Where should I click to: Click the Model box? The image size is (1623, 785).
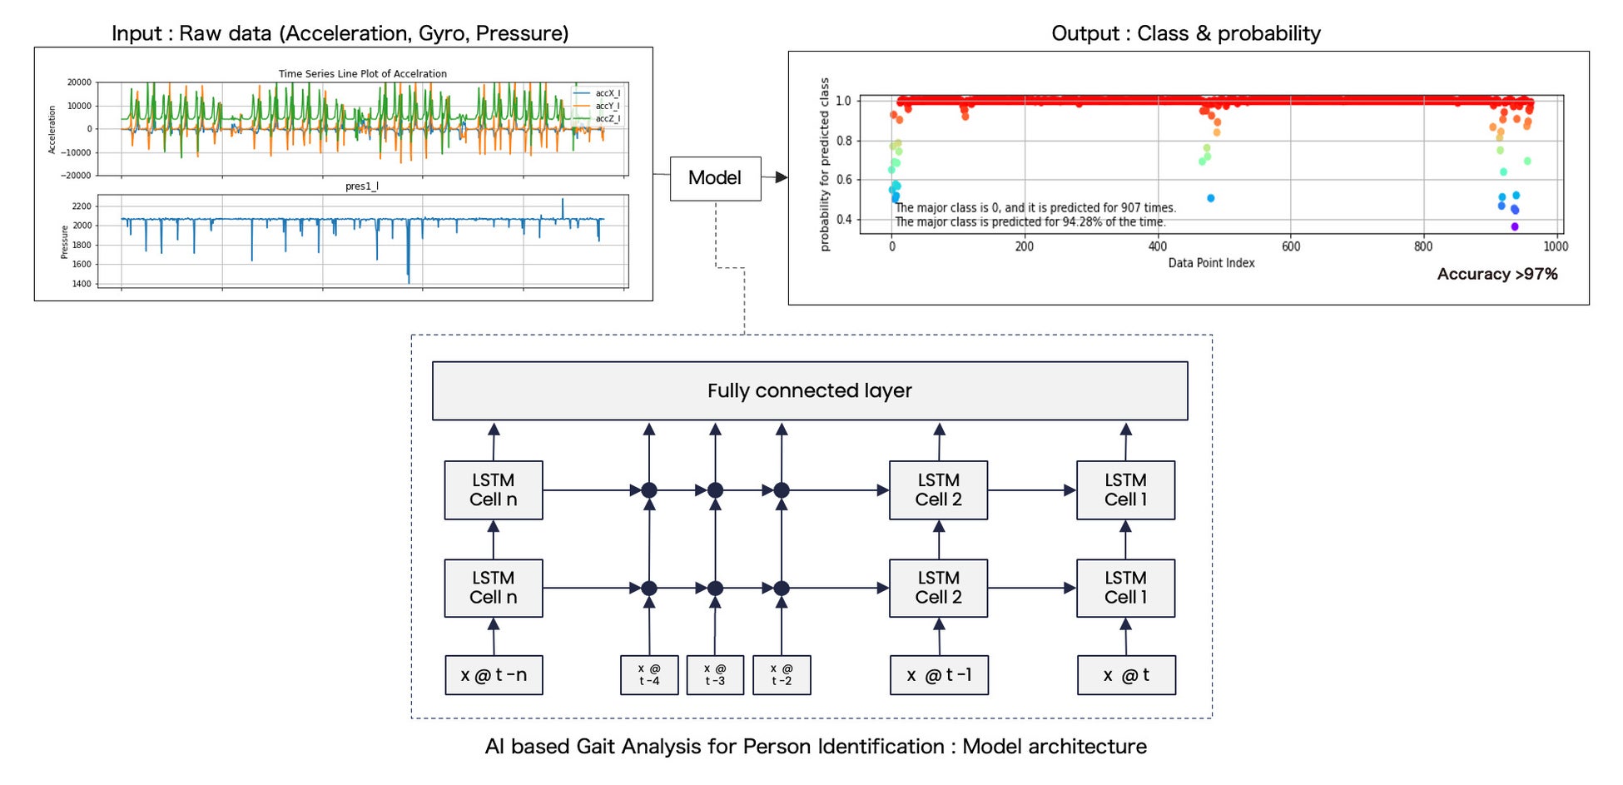715,178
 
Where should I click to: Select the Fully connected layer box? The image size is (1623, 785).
809,390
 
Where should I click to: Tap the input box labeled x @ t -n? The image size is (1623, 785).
494,675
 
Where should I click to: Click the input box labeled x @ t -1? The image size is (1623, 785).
939,675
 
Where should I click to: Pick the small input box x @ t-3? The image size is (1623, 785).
715,675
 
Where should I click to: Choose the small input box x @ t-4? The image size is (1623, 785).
649,675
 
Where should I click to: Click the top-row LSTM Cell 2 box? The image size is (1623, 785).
938,490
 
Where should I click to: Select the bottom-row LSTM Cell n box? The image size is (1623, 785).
494,588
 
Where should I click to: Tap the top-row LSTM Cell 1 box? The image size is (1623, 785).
1125,490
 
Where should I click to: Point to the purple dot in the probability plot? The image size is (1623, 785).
1515,226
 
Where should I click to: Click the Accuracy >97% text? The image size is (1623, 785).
1496,274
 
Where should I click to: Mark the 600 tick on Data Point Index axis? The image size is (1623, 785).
1291,246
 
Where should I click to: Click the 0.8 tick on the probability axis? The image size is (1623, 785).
844,141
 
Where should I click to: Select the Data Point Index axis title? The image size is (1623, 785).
1211,263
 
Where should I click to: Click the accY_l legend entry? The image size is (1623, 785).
607,106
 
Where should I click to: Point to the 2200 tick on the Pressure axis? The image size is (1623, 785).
82,206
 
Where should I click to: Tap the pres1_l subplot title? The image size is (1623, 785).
362,186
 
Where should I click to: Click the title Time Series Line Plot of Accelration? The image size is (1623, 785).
362,74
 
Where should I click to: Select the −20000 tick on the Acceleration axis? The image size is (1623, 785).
76,176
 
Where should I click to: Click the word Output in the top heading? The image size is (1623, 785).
1085,33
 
